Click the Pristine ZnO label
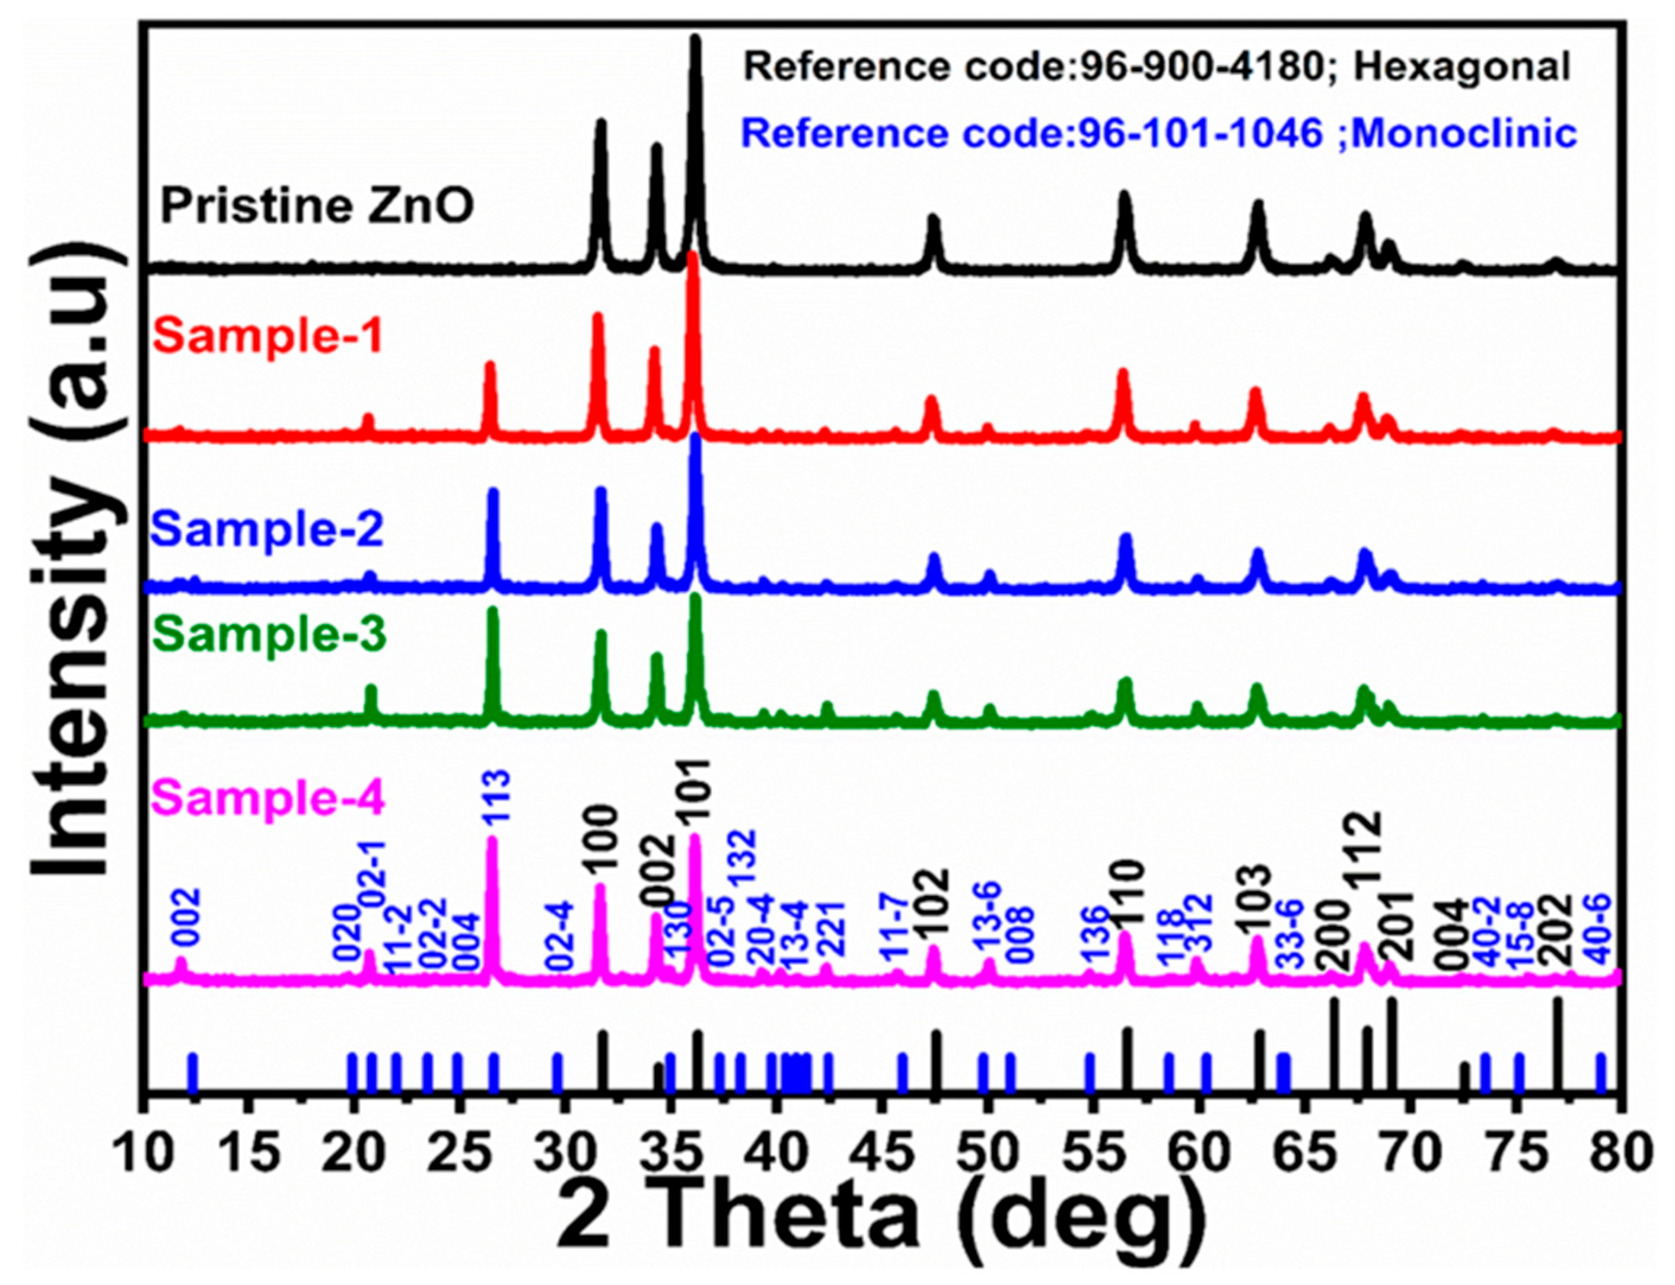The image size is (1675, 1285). pos(317,206)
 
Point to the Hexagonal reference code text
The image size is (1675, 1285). pos(1157,67)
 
